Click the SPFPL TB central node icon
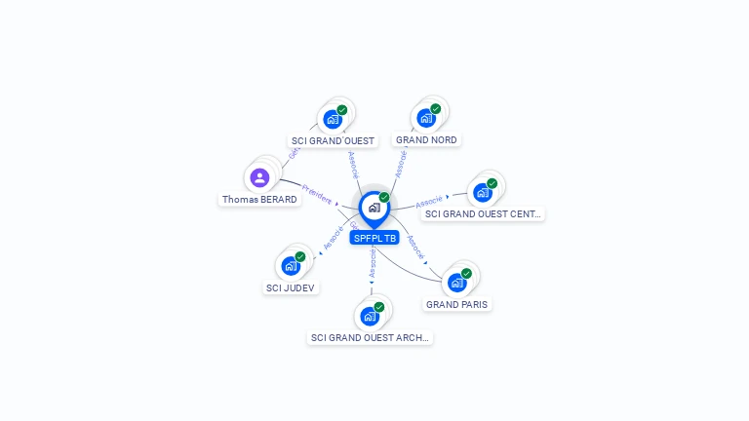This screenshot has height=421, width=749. tap(374, 208)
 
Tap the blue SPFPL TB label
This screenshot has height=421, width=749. tap(374, 238)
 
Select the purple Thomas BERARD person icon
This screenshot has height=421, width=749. tap(259, 177)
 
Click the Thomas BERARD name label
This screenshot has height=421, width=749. tap(259, 200)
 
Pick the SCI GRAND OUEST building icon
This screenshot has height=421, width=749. tap(333, 119)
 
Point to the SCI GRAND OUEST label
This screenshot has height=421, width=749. tap(333, 141)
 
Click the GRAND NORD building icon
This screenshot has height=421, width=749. tap(426, 118)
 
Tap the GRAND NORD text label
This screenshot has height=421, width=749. tap(426, 140)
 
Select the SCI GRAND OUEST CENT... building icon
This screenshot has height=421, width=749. tap(482, 192)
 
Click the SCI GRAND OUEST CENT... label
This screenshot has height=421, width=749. tap(484, 214)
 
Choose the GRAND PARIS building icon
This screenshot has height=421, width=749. tap(456, 283)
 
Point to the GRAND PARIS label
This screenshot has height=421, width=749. tap(457, 304)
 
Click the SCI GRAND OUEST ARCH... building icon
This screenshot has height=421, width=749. tap(370, 316)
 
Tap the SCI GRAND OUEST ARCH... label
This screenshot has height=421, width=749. tap(371, 338)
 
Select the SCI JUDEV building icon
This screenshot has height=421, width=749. tap(291, 265)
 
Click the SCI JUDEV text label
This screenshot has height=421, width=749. tap(292, 287)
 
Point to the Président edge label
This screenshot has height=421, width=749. tap(317, 192)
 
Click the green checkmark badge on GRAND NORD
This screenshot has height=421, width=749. tap(436, 108)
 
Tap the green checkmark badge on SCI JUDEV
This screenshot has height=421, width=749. tap(300, 256)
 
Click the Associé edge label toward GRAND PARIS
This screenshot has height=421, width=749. tap(416, 248)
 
